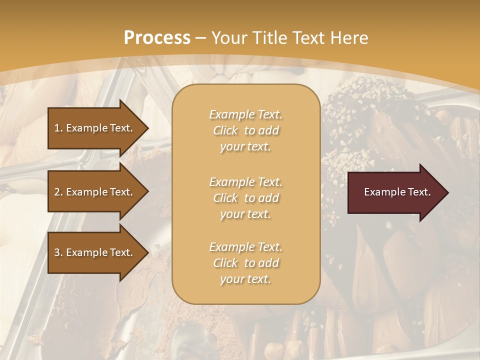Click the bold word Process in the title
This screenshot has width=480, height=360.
pos(157,38)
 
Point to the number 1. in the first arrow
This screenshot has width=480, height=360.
pos(58,128)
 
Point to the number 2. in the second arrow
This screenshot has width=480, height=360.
pos(58,192)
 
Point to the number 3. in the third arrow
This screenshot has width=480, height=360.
pos(58,252)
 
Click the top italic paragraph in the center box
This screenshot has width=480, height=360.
pos(245,130)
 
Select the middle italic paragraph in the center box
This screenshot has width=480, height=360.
pos(245,198)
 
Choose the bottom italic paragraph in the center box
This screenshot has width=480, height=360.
pos(245,263)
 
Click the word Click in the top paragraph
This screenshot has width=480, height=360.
pos(225,130)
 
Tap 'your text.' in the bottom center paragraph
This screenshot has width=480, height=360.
pos(245,279)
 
